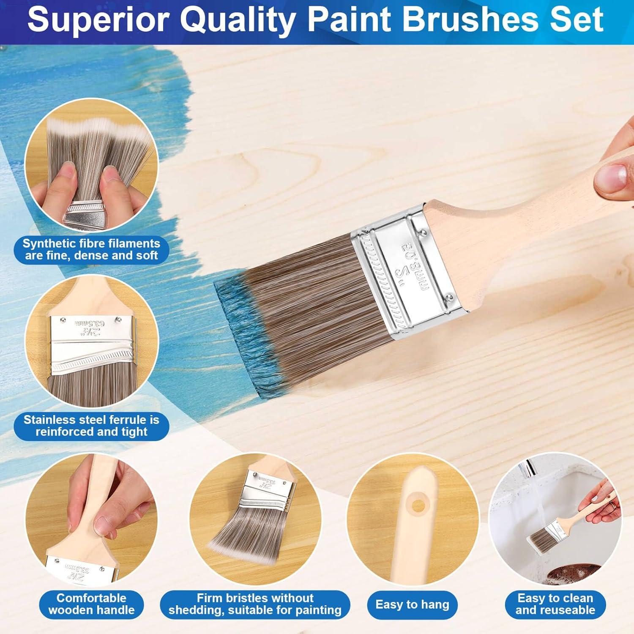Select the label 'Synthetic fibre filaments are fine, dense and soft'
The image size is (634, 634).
point(91,249)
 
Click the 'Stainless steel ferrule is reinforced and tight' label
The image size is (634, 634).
point(91,426)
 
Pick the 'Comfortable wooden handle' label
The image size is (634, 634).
point(91,604)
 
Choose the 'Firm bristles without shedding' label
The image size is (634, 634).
point(255,604)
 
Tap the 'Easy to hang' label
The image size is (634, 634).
point(412,604)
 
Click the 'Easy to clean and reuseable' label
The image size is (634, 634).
point(555,604)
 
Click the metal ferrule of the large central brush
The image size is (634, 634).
point(410,271)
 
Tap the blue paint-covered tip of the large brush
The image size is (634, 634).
point(241,334)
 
